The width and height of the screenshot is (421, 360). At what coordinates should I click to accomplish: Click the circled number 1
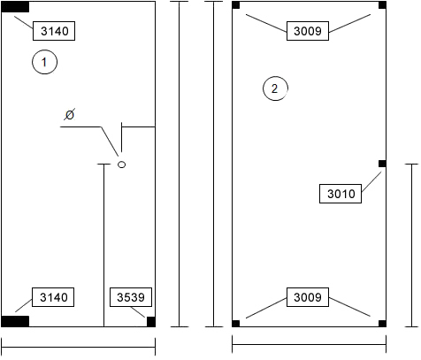point(44,62)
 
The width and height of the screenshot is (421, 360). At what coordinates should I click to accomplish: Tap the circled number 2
point(275,88)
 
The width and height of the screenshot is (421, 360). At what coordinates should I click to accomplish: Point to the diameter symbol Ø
point(70,114)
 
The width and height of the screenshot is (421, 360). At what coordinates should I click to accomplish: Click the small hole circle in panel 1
point(121,165)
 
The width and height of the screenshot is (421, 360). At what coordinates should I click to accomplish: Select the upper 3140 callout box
point(54,31)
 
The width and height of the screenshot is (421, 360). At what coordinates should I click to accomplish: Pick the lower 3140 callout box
point(53,297)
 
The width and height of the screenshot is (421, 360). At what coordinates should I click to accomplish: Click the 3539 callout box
point(131,297)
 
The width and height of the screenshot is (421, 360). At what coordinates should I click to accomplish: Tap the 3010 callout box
point(341,194)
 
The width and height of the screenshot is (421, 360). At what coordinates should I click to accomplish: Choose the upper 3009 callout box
point(308,31)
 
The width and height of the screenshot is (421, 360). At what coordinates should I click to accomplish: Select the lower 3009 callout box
point(308,297)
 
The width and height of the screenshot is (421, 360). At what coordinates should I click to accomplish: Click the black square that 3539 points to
point(151,322)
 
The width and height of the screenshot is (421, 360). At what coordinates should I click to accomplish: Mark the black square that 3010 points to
point(382,164)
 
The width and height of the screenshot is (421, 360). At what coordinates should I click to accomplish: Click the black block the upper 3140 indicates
point(15,7)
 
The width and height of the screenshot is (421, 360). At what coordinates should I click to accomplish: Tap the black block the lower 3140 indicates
point(15,321)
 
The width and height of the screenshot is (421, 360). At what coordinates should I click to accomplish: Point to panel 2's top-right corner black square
point(382,5)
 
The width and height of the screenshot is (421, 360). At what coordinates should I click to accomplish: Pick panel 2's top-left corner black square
point(236,5)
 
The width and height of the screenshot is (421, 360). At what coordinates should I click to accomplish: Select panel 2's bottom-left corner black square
point(236,324)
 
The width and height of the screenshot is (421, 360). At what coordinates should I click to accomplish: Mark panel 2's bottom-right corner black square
point(382,324)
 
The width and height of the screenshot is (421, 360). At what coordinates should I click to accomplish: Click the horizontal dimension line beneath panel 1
point(79,347)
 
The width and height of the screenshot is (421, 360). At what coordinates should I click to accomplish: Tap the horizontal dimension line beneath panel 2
point(310,344)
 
